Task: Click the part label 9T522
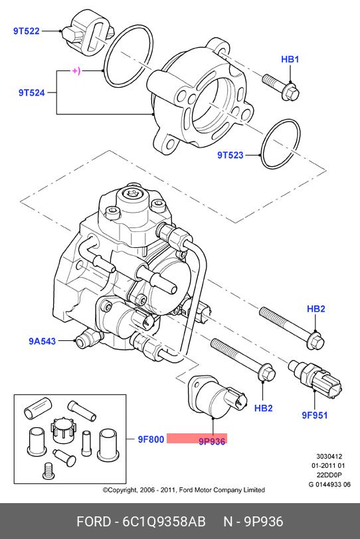(27, 31)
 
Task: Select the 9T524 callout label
(32, 92)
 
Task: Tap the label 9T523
(230, 155)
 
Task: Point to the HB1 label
(290, 59)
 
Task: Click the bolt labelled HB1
(281, 86)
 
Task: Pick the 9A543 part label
(42, 341)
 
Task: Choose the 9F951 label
(315, 415)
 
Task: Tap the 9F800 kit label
(151, 439)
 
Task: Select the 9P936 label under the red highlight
(212, 441)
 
